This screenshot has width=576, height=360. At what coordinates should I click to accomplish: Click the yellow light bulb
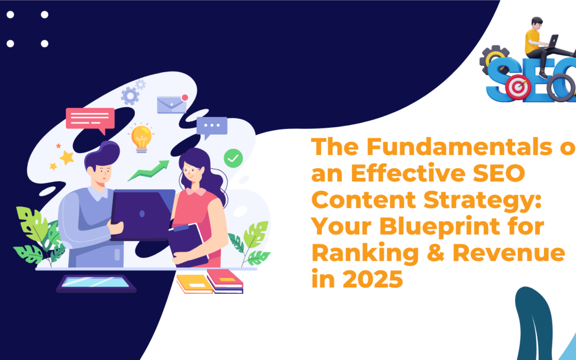pos(141,137)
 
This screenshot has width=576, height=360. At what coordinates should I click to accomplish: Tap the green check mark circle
pos(233,157)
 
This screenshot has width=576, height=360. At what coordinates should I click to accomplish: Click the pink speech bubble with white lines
pos(90,119)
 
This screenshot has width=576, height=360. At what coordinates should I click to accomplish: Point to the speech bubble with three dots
pos(212,127)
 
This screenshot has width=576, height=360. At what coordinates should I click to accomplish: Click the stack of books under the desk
pos(210,281)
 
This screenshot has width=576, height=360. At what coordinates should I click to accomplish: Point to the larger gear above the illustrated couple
pos(130,96)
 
